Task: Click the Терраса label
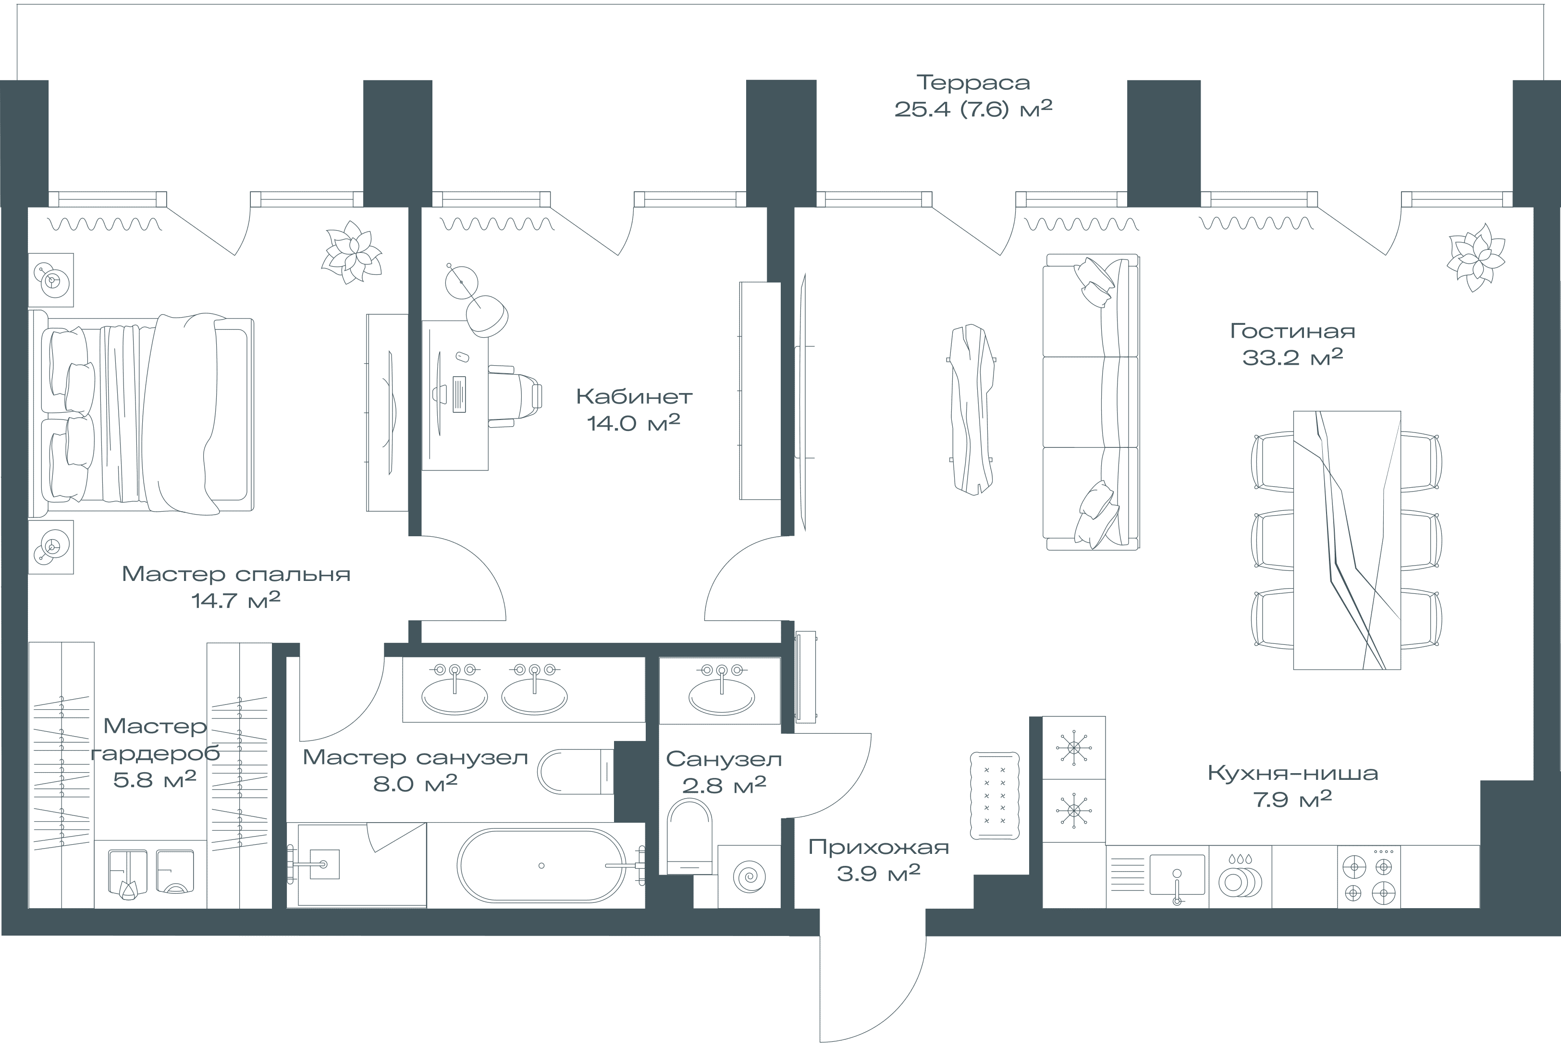[x=973, y=83]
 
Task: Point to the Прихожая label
[x=879, y=847]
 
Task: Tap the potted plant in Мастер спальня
[x=351, y=253]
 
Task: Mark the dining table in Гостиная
[x=1347, y=540]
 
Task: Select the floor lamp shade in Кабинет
[x=488, y=316]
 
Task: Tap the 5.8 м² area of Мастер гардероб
[x=155, y=779]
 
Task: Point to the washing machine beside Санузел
[x=749, y=876]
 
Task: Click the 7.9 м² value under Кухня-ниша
[x=1293, y=799]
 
